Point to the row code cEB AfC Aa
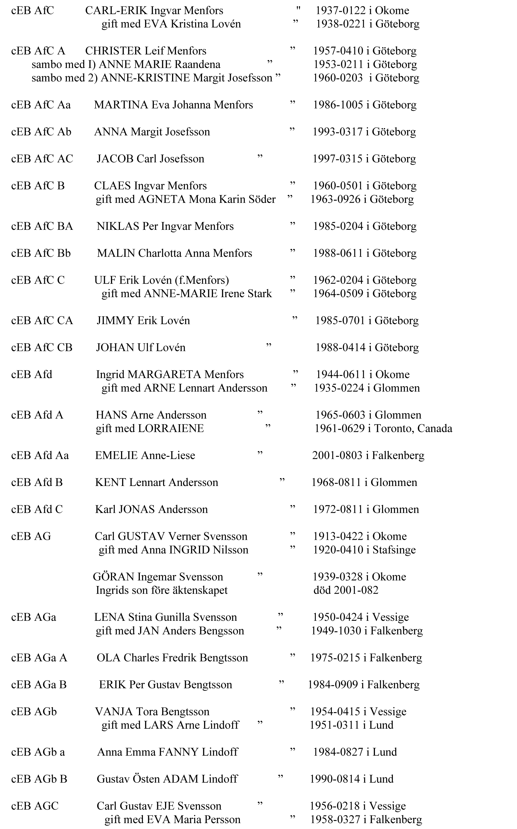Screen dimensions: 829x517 tap(41, 105)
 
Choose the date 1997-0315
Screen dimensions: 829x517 tap(337, 159)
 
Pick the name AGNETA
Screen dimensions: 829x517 tap(161, 199)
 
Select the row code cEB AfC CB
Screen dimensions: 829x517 tap(42, 348)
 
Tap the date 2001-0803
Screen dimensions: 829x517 tap(337, 455)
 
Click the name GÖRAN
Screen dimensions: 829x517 tap(113, 577)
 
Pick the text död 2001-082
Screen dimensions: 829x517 tap(346, 590)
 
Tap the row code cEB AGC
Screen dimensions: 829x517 tap(35, 806)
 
